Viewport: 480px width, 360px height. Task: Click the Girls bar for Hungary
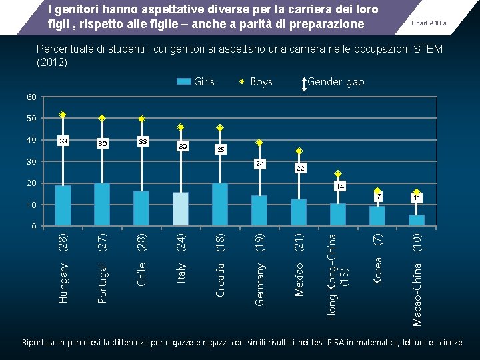(x=63, y=205)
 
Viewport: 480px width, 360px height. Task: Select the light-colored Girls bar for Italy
(x=181, y=209)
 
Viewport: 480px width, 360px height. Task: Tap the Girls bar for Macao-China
(x=417, y=220)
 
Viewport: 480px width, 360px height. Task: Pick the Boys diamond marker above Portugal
(x=102, y=118)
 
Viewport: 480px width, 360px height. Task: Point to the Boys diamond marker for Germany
(x=259, y=143)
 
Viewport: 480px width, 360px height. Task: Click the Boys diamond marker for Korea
(x=377, y=191)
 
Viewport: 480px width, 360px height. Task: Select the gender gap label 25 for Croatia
(x=221, y=149)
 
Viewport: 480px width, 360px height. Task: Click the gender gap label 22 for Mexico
(x=300, y=169)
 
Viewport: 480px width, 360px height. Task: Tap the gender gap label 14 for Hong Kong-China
(x=340, y=186)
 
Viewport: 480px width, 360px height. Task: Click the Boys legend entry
(x=256, y=81)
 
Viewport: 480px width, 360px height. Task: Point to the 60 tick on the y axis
(x=31, y=97)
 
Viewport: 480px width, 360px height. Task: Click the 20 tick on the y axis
(x=31, y=183)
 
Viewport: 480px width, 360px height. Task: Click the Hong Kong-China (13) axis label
(x=338, y=273)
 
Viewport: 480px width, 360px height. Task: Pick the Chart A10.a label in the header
(x=429, y=23)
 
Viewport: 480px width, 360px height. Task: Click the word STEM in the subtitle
(x=427, y=50)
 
